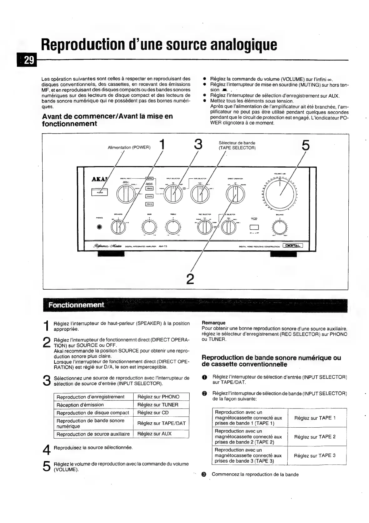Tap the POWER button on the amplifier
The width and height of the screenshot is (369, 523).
pyautogui.click(x=100, y=192)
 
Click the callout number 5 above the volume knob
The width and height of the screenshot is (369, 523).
pyautogui.click(x=306, y=145)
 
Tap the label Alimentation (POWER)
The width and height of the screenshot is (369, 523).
pyautogui.click(x=129, y=147)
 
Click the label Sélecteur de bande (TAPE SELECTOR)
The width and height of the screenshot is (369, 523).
pyautogui.click(x=237, y=145)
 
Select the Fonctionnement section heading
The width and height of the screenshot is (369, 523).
pyautogui.click(x=76, y=305)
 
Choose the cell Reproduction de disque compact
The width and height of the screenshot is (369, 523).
pyautogui.click(x=93, y=413)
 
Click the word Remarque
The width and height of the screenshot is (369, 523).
pyautogui.click(x=213, y=323)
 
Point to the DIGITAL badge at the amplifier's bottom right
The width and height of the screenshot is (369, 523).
pyautogui.click(x=293, y=246)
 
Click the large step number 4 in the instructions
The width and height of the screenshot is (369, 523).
pyautogui.click(x=46, y=450)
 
